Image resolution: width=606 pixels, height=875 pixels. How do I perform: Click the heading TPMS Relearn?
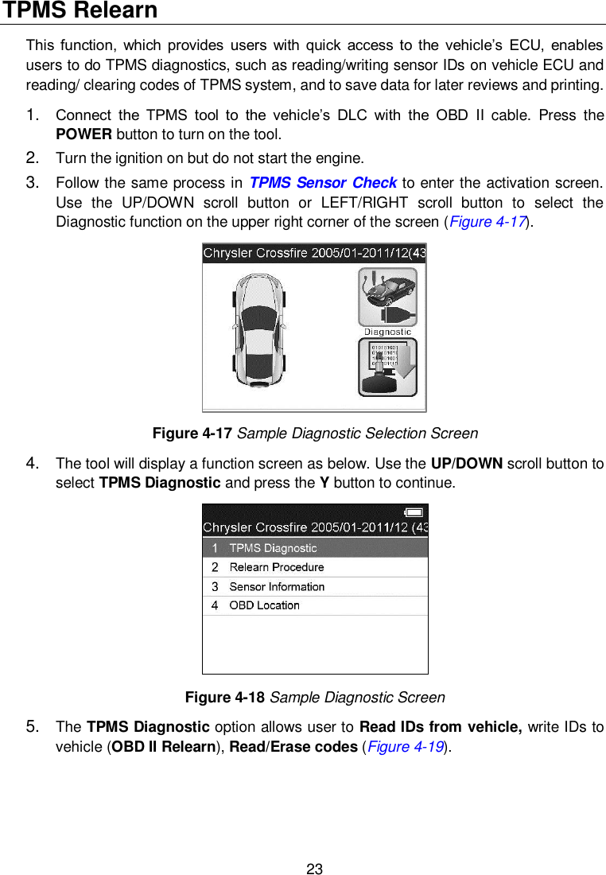pyautogui.click(x=80, y=11)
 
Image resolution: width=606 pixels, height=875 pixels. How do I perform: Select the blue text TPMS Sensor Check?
pyautogui.click(x=323, y=185)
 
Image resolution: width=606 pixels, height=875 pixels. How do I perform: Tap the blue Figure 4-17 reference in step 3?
pyautogui.click(x=488, y=221)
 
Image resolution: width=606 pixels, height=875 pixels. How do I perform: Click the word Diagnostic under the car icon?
pyautogui.click(x=387, y=332)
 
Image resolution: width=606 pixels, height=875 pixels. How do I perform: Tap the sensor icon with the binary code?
pyautogui.click(x=387, y=366)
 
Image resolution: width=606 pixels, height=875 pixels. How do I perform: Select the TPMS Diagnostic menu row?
pyautogui.click(x=315, y=547)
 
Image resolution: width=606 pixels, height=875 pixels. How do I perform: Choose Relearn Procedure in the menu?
pyautogui.click(x=276, y=567)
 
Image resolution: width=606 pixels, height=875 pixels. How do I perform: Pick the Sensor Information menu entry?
pyautogui.click(x=277, y=586)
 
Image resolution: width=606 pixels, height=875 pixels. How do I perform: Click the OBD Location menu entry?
pyautogui.click(x=264, y=605)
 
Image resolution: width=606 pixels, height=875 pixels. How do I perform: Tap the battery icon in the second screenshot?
pyautogui.click(x=414, y=512)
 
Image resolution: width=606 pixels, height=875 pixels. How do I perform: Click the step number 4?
pyautogui.click(x=33, y=463)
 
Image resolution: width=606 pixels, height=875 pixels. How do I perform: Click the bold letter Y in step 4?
pyautogui.click(x=324, y=483)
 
